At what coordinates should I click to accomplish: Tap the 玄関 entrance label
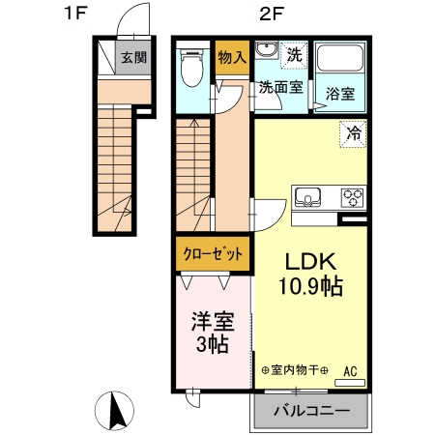coord(133,57)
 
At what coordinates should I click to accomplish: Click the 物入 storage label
coord(232,57)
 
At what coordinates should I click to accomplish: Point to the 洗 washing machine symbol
coord(295,55)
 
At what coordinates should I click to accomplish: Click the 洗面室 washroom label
coord(279,87)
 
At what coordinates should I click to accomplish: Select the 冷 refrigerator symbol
coord(353,134)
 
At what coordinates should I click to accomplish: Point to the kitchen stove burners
coord(351,198)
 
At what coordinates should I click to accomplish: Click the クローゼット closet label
coord(213,255)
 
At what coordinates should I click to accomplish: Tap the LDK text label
coord(309,261)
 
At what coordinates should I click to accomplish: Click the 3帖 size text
coord(212,343)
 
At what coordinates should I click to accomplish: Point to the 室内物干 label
coord(295,370)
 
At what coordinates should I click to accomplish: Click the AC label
coord(350,370)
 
